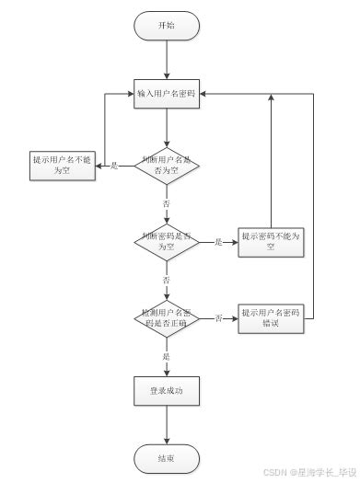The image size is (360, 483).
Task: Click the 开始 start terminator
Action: pos(167,26)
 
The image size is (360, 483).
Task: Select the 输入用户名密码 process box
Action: pos(167,94)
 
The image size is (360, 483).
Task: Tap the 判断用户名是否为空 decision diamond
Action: pos(167,166)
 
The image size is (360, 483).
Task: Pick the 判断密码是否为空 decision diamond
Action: pos(167,242)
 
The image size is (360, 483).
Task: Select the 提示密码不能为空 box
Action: pos(271,242)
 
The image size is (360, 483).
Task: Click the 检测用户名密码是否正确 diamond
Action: pos(167,318)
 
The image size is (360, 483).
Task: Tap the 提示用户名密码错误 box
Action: pos(271,318)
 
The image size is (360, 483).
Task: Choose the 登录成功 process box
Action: pos(167,391)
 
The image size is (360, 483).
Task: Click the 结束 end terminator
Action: pos(167,458)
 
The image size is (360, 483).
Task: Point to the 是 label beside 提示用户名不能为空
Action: pos(114,166)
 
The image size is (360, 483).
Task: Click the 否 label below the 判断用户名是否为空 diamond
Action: pos(167,202)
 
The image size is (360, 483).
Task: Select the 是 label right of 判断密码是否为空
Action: pos(219,242)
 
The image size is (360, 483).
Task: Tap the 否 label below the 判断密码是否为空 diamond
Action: pos(167,279)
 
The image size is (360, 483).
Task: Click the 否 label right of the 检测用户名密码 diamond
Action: pos(219,318)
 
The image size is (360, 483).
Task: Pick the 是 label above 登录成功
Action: pos(167,355)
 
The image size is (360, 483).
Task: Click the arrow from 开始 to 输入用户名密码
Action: pos(167,60)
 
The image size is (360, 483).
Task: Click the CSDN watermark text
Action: pos(308,472)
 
